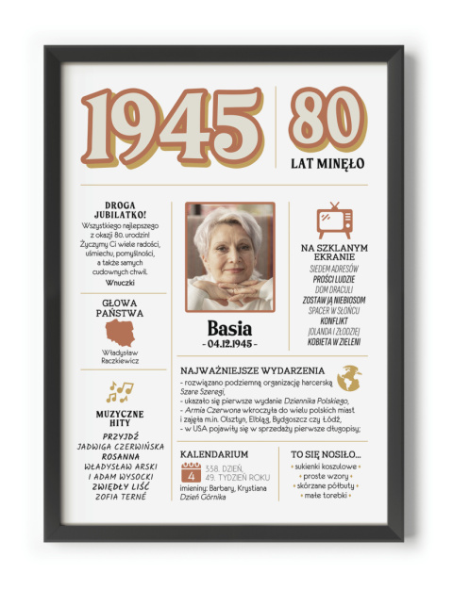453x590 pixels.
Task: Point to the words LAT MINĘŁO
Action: (x=327, y=163)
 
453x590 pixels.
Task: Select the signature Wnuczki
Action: (x=120, y=282)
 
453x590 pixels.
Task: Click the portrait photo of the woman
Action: (x=229, y=255)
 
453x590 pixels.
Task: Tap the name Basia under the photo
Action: (x=229, y=328)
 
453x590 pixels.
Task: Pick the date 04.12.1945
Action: (x=229, y=344)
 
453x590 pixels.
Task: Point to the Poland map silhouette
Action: (x=120, y=333)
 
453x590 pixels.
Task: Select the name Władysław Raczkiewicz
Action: (x=120, y=357)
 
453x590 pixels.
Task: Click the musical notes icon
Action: (x=119, y=391)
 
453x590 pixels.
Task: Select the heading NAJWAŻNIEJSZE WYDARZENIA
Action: (x=252, y=371)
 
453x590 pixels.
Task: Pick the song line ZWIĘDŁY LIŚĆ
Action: (x=120, y=486)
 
